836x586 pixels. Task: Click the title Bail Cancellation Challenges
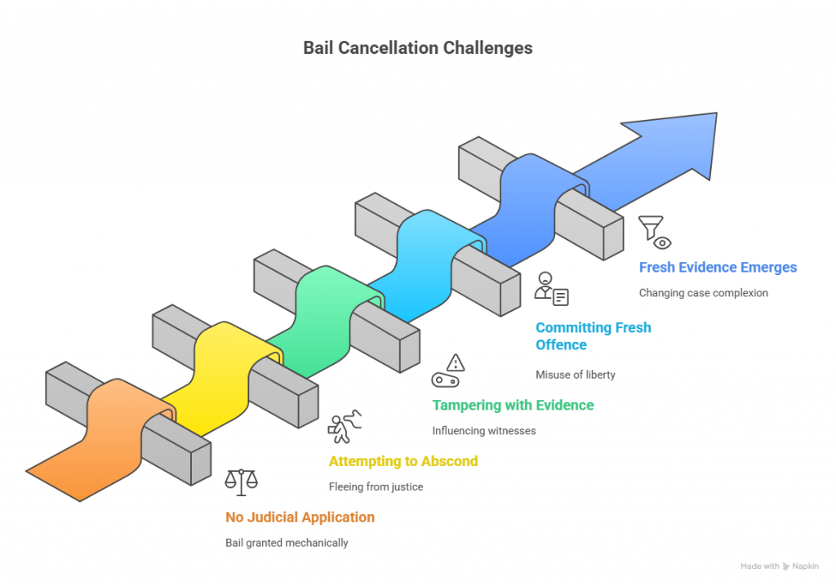click(418, 48)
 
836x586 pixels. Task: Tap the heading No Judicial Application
click(300, 517)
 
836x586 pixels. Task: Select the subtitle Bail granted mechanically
click(287, 543)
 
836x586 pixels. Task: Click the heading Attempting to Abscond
click(402, 461)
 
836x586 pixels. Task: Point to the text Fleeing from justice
click(376, 486)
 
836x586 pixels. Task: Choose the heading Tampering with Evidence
click(513, 405)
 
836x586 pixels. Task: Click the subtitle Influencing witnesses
click(484, 431)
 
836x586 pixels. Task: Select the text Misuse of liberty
click(575, 375)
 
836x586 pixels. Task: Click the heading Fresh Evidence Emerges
click(718, 267)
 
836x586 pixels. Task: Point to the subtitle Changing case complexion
click(703, 293)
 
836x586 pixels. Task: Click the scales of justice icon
click(242, 482)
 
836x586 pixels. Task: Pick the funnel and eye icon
click(655, 232)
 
